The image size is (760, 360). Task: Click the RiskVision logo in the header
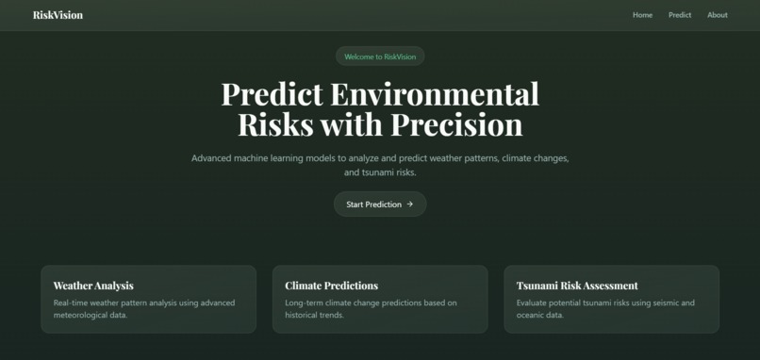click(58, 15)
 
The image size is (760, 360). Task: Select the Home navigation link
click(642, 15)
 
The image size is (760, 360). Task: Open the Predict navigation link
click(680, 15)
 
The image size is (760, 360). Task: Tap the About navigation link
click(718, 15)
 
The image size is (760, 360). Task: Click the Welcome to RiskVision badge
click(380, 57)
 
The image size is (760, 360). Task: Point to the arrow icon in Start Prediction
click(410, 205)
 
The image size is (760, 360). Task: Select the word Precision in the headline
click(456, 125)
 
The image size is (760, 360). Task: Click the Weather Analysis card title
click(93, 286)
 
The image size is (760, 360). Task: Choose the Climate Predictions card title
click(331, 286)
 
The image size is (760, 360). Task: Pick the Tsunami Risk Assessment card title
click(577, 286)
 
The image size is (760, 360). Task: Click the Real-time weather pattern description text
click(143, 309)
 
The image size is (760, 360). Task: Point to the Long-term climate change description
click(371, 309)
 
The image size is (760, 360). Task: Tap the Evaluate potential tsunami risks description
click(605, 309)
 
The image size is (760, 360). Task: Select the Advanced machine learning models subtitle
click(380, 165)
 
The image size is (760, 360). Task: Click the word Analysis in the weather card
click(113, 286)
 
